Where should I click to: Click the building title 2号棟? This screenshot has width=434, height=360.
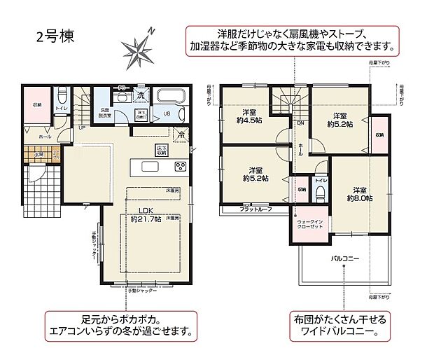click(x=53, y=34)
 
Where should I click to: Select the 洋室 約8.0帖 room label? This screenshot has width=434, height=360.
click(x=359, y=194)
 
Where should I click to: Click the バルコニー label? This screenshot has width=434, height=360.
click(x=344, y=258)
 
